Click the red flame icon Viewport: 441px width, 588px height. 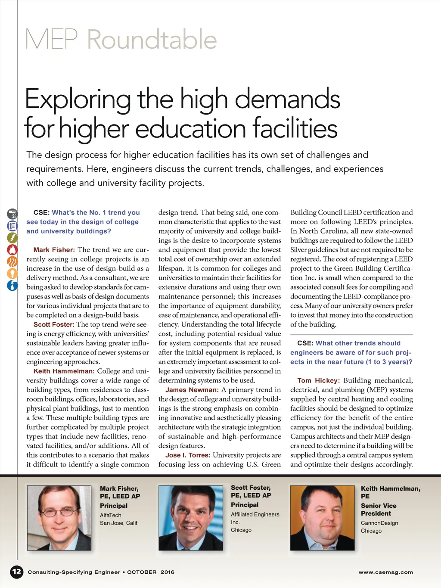click(x=12, y=249)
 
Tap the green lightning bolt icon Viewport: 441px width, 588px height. click(x=12, y=237)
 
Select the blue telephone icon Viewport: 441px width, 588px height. click(x=12, y=226)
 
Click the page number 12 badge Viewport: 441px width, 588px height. click(x=16, y=572)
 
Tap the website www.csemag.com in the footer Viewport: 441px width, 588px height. click(x=385, y=572)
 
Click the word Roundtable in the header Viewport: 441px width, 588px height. click(x=152, y=40)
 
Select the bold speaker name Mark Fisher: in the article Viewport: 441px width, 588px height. click(x=54, y=250)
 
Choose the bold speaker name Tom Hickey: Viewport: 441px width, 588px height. click(x=318, y=380)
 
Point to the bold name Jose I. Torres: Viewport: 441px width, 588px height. click(x=188, y=455)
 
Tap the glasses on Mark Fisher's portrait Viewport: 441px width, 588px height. click(x=59, y=512)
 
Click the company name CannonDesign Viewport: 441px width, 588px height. click(x=379, y=523)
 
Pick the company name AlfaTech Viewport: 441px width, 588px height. click(x=111, y=515)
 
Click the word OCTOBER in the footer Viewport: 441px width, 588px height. click(x=142, y=572)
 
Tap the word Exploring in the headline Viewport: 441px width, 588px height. click(x=78, y=99)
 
